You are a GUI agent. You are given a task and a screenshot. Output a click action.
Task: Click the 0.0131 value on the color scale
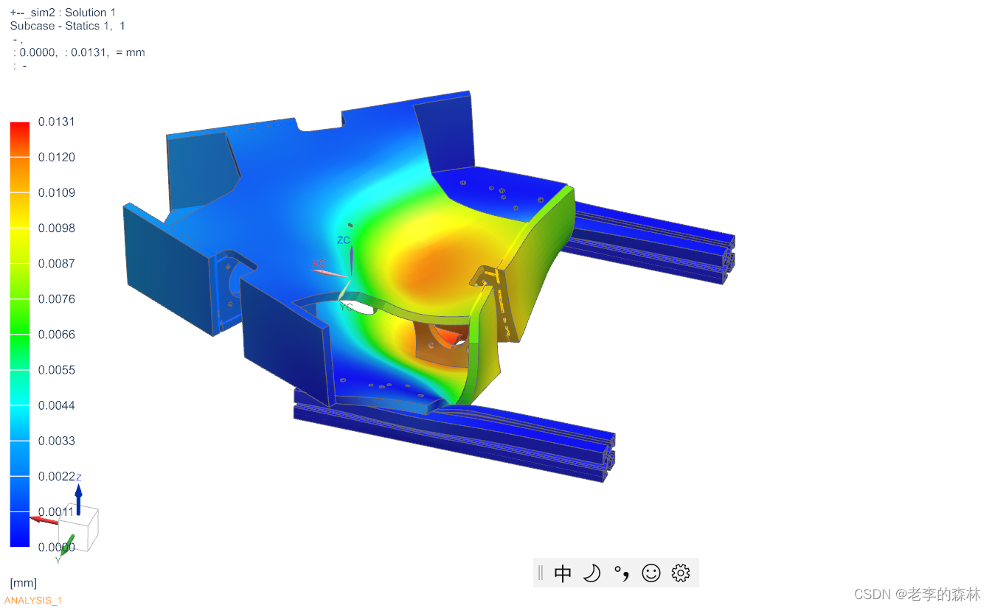point(56,122)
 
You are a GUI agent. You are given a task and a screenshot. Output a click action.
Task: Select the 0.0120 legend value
point(56,157)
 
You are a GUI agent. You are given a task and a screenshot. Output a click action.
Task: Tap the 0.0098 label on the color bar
point(56,228)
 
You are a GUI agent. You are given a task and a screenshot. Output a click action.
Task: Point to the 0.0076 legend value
point(56,298)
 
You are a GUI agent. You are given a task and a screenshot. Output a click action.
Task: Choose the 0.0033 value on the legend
point(56,441)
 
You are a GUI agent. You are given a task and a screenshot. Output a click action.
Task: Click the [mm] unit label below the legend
point(24,583)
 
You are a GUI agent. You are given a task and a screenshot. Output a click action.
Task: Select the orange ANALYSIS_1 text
point(32,601)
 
